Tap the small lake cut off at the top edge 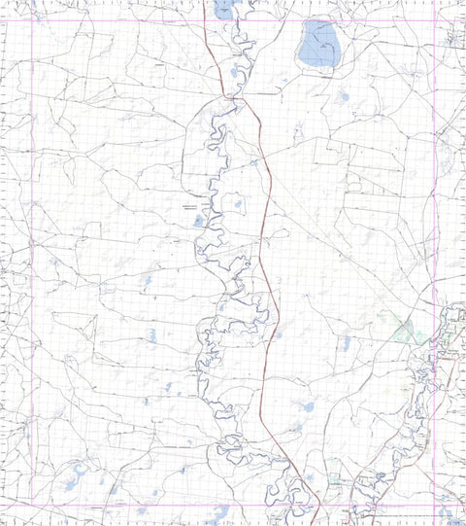223,9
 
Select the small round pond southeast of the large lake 343,96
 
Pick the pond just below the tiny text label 198,221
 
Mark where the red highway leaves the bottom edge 318,523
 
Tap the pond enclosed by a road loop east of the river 234,206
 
